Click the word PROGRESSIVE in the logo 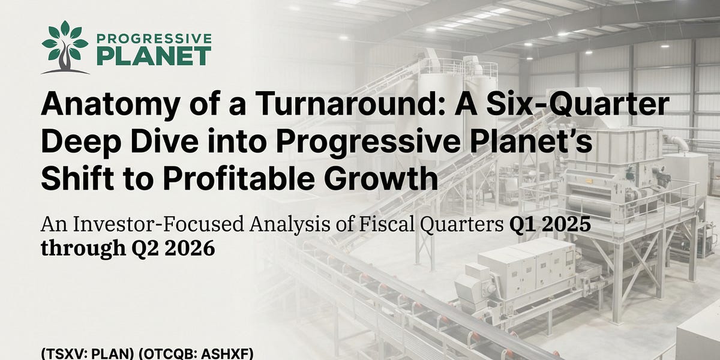click(x=154, y=39)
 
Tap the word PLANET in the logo click(x=154, y=56)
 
